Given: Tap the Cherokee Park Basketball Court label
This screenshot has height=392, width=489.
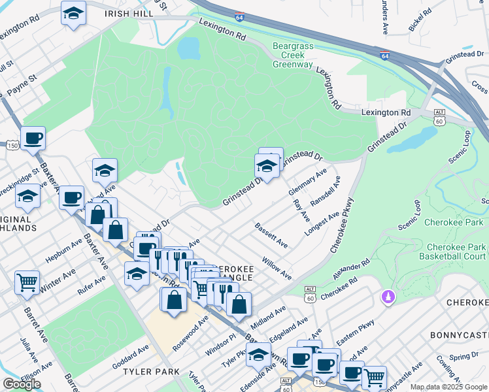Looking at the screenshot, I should (x=456, y=252).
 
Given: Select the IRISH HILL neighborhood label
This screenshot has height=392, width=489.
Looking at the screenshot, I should (x=131, y=13).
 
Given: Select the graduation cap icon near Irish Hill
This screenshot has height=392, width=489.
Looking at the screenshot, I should (x=74, y=12).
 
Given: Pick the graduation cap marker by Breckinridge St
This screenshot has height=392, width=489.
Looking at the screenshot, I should (x=27, y=195).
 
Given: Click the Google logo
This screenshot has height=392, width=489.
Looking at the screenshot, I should (x=22, y=384).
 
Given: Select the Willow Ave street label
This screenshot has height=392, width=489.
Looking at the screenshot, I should (x=277, y=268).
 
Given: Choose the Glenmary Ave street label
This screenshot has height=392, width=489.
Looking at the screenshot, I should (x=307, y=182).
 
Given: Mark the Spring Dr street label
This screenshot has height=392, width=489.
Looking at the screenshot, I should (x=464, y=357).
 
